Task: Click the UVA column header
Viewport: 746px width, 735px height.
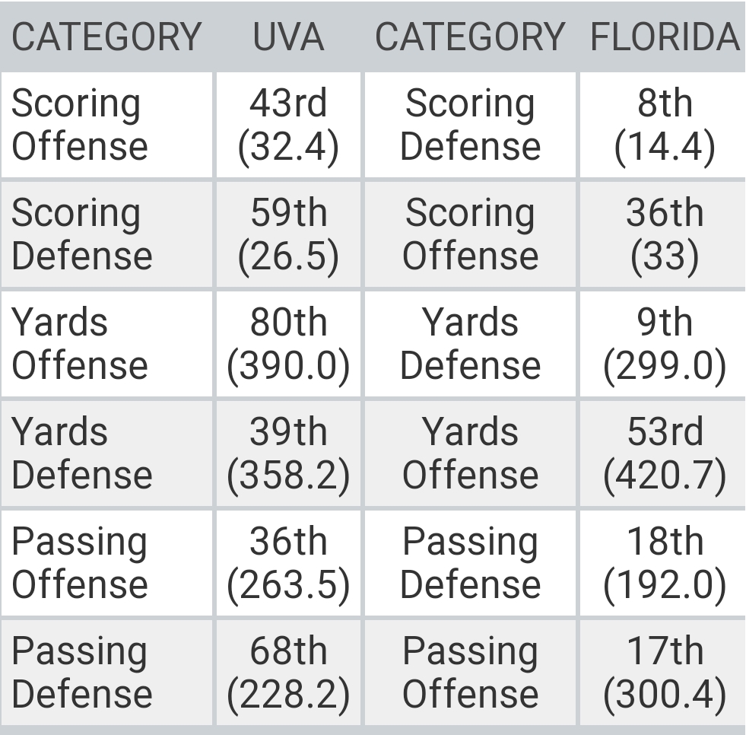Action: pyautogui.click(x=288, y=37)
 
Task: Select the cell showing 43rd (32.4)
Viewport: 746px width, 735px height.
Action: pyautogui.click(x=288, y=125)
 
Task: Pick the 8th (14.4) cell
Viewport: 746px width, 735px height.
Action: pyautogui.click(x=664, y=125)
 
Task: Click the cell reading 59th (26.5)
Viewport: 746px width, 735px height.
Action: pyautogui.click(x=288, y=234)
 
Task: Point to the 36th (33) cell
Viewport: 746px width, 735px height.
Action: pyautogui.click(x=664, y=234)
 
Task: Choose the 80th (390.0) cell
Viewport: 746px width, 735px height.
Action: pyautogui.click(x=288, y=344)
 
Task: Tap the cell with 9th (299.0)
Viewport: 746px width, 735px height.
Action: pyautogui.click(x=664, y=344)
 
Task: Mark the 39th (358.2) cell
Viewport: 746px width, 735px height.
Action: pyautogui.click(x=288, y=453)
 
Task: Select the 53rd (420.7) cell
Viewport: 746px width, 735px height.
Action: pyautogui.click(x=664, y=453)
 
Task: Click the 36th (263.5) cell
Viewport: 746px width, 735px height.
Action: pyautogui.click(x=288, y=563)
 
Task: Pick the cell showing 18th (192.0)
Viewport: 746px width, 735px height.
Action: pyautogui.click(x=664, y=563)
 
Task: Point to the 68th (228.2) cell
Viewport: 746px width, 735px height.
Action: pyautogui.click(x=288, y=673)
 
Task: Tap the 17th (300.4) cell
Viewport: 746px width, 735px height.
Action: pyautogui.click(x=664, y=673)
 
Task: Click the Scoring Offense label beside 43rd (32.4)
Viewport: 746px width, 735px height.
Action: pyautogui.click(x=80, y=125)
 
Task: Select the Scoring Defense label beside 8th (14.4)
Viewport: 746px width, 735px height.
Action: pyautogui.click(x=470, y=125)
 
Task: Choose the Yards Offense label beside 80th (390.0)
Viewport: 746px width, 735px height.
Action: pyautogui.click(x=80, y=344)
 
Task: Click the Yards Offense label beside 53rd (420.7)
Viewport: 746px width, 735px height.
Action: pyautogui.click(x=470, y=453)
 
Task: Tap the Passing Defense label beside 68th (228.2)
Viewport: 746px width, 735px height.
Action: pyautogui.click(x=82, y=673)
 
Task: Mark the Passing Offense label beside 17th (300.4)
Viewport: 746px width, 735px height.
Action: pyautogui.click(x=470, y=673)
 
